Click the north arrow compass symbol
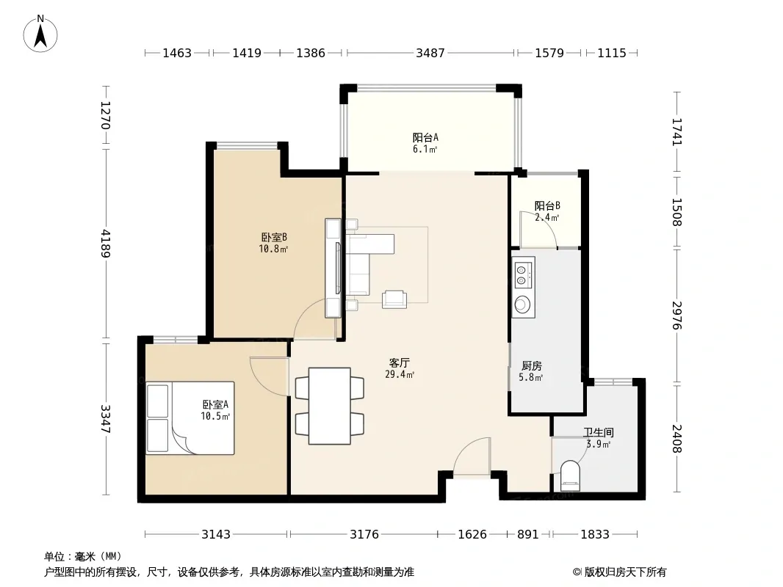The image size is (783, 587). (x=40, y=34)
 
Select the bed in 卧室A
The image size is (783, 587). (x=190, y=418)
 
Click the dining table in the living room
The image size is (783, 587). (x=330, y=406)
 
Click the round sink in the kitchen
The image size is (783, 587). (x=522, y=304)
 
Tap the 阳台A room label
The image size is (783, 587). (x=425, y=142)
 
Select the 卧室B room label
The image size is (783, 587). (x=274, y=242)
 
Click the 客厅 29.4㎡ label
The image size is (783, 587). (x=400, y=368)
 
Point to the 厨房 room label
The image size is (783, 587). (x=531, y=371)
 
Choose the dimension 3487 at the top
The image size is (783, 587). (x=430, y=53)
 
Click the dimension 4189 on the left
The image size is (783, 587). (x=105, y=244)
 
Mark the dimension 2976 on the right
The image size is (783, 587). (x=677, y=316)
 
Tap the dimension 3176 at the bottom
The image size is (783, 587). (x=364, y=535)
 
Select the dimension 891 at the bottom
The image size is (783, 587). (x=528, y=535)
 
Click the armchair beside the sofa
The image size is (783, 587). (x=394, y=299)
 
